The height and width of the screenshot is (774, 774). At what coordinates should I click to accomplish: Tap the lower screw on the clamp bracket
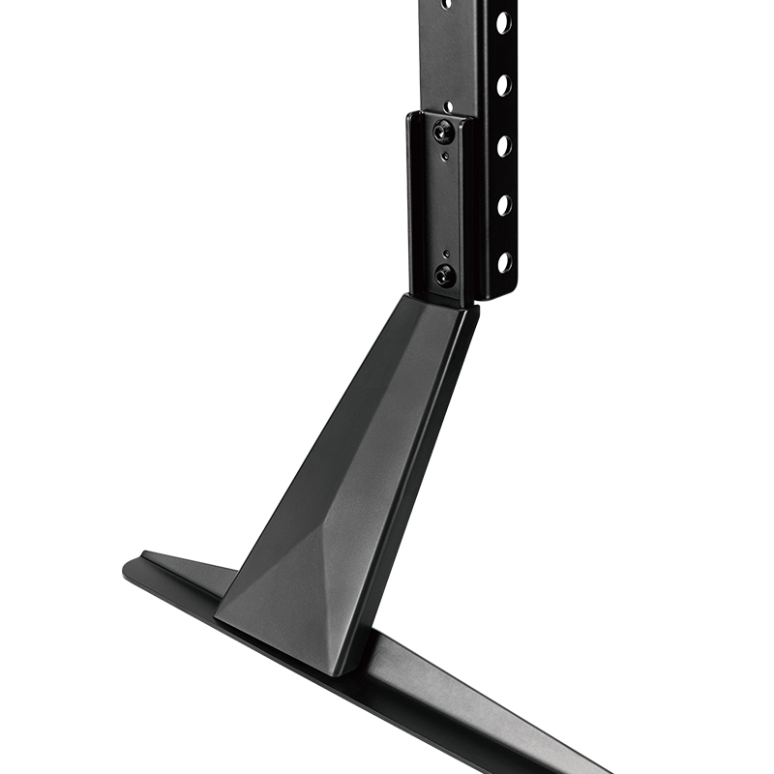click(x=445, y=274)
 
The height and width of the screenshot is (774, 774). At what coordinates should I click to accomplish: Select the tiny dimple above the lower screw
click(x=444, y=253)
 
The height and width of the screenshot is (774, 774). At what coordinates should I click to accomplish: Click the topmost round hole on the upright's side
click(x=504, y=21)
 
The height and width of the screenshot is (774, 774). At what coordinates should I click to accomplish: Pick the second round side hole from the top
click(x=504, y=84)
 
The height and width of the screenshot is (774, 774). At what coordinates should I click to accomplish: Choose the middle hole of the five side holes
click(x=504, y=145)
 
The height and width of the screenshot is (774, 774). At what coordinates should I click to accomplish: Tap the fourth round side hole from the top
click(x=504, y=204)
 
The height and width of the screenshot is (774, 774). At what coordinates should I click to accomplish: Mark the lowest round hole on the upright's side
click(x=504, y=261)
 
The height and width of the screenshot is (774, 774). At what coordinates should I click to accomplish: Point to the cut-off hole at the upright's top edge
click(x=447, y=3)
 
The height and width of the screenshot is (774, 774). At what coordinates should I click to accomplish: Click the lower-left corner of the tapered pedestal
click(x=217, y=615)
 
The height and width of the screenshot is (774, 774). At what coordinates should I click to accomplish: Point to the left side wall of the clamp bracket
click(x=413, y=203)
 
